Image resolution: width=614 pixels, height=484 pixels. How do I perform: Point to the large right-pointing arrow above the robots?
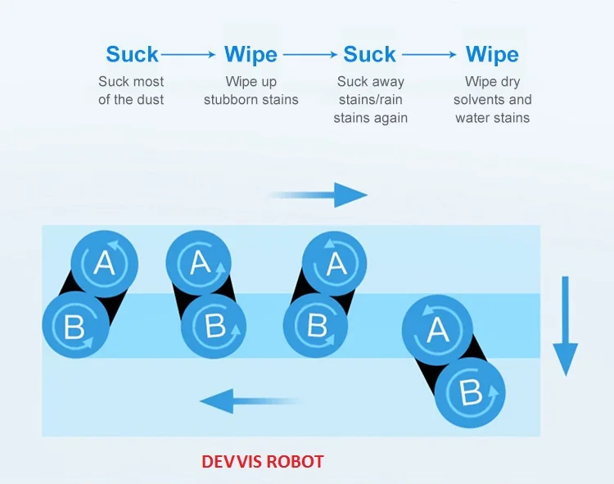coord(319,195)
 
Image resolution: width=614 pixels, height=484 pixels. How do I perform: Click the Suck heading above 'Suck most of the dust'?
coord(132,55)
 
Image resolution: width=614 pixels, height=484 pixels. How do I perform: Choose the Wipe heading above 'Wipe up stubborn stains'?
coord(251,55)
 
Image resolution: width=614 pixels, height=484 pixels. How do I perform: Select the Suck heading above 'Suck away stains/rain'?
coord(370,55)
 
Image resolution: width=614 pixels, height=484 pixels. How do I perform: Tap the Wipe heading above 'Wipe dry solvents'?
coord(492,55)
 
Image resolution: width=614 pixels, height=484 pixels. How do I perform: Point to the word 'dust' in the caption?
coord(150,100)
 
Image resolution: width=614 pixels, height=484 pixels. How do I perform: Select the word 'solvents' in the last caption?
coord(482,100)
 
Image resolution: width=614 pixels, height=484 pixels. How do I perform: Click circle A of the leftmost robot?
coord(103,263)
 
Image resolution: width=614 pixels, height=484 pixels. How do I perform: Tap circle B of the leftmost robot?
coord(74,327)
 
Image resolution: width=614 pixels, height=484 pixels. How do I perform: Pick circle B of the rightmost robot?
coord(469,392)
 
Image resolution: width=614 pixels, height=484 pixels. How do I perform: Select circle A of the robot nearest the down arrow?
coord(436,329)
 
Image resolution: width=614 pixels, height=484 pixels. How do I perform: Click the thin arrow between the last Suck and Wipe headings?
coord(428,55)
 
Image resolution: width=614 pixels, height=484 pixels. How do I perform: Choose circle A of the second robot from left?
coord(200,263)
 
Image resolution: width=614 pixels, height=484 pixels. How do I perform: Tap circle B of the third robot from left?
coord(317,325)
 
